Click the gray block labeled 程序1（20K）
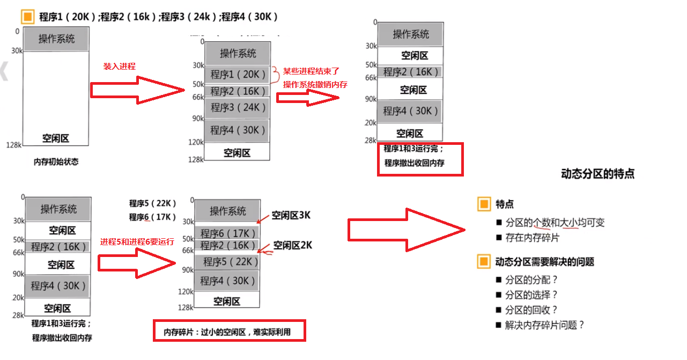[x=238, y=75]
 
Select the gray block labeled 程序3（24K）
[x=238, y=107]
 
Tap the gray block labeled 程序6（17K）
[x=228, y=233]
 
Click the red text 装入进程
[x=119, y=67]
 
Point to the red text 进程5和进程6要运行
[x=137, y=242]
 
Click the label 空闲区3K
[x=291, y=216]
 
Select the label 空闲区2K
[x=292, y=245]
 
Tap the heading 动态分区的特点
[x=597, y=174]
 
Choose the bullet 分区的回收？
[x=531, y=310]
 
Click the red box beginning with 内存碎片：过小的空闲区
[x=229, y=331]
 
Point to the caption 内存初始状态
[x=56, y=161]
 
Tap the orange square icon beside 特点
[x=484, y=204]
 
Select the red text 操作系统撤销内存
[x=315, y=84]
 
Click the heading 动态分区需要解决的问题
[x=544, y=262]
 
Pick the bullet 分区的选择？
[x=531, y=295]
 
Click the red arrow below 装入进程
[x=137, y=90]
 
